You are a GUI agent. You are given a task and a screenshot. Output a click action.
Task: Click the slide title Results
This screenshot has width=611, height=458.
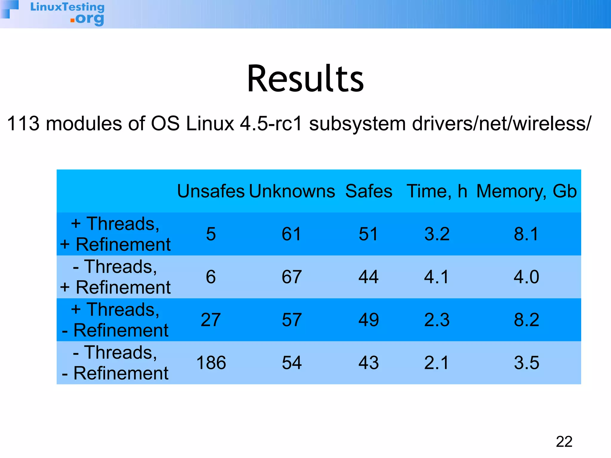pos(305,79)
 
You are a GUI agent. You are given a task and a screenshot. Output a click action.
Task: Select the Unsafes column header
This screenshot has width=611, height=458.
pos(211,191)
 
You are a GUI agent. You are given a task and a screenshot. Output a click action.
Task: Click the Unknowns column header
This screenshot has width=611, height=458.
pos(292,191)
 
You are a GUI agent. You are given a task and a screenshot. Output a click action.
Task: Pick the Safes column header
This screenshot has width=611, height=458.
pos(368,191)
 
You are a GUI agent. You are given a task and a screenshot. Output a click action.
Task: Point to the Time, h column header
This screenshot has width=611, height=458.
pos(437,191)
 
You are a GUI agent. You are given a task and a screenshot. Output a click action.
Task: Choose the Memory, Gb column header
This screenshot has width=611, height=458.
pos(527,191)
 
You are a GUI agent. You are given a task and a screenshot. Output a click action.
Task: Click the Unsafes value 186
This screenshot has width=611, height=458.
pos(211,363)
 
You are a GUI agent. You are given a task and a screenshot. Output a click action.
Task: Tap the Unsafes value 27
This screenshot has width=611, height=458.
pos(211,320)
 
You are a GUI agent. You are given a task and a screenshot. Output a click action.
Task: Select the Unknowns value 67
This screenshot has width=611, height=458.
pos(291,277)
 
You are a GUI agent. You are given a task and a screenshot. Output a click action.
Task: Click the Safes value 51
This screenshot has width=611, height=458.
pos(368,234)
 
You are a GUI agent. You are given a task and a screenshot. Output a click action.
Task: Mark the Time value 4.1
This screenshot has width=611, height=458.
pos(436,277)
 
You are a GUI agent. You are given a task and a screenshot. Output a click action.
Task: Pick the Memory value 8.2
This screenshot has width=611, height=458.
pos(527,320)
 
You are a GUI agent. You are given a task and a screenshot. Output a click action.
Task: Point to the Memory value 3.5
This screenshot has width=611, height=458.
pos(527,363)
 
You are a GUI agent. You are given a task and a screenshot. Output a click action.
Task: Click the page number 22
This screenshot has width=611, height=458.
pos(564,442)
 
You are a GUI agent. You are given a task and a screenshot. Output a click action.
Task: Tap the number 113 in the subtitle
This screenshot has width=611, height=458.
pos(23,123)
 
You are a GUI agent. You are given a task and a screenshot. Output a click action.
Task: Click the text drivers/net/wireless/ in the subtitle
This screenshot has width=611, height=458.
pos(501,123)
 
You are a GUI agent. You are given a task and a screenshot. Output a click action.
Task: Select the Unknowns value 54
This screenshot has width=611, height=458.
pos(291,363)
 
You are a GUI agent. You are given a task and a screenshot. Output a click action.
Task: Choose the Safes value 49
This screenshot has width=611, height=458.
pos(368,320)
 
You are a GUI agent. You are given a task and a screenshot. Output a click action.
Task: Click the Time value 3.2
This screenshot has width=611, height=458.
pos(437,234)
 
